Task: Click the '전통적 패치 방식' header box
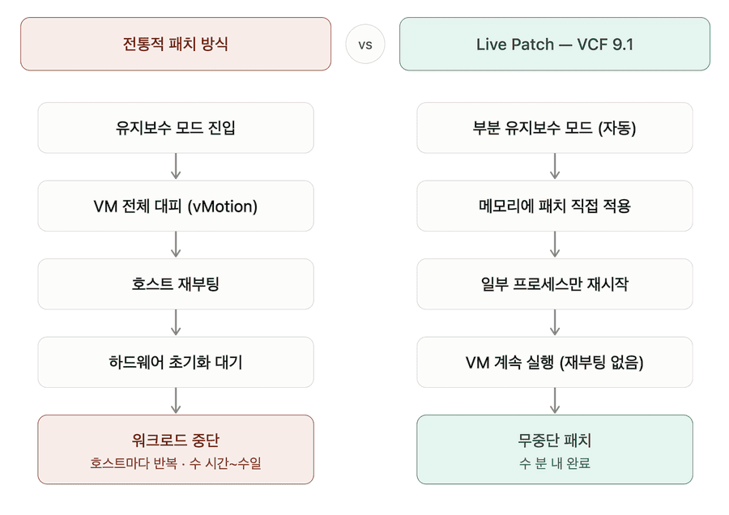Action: [x=176, y=45]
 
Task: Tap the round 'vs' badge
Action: [x=365, y=45]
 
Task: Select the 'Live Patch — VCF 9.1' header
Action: [x=555, y=45]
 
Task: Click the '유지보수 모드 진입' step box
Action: [x=176, y=128]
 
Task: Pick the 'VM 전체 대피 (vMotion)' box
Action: [x=176, y=206]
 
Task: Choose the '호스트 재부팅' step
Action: [x=176, y=284]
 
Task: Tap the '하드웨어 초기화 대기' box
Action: [x=176, y=362]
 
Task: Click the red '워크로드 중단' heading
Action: [x=176, y=440]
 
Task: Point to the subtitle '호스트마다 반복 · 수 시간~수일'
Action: [x=176, y=463]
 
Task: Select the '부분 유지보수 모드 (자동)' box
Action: [x=555, y=128]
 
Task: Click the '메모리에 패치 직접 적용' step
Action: [x=555, y=206]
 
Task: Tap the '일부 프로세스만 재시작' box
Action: [x=555, y=284]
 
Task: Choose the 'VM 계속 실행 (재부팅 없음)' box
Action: [x=555, y=362]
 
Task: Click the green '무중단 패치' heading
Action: [x=555, y=440]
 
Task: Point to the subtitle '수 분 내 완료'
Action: [x=555, y=463]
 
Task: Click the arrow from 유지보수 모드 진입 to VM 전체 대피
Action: [x=176, y=166]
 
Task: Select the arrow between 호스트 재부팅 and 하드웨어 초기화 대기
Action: [x=176, y=322]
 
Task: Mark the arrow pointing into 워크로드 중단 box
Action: [x=176, y=401]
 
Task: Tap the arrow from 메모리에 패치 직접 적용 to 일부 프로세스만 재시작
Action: [x=555, y=245]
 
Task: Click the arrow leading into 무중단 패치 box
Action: [x=555, y=401]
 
